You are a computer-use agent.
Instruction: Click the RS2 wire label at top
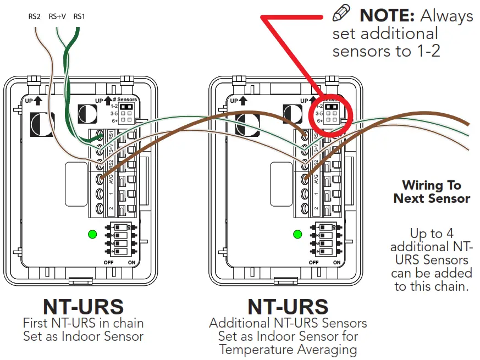click(34, 16)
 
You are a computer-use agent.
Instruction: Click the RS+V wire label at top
click(57, 16)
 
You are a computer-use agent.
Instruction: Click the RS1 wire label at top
click(79, 16)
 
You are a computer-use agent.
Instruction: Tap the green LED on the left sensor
click(92, 235)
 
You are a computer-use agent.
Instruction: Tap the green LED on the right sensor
click(297, 235)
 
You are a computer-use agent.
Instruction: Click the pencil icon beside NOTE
click(342, 14)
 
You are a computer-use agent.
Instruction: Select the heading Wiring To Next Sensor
click(432, 192)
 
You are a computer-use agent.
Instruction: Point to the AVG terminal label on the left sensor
click(111, 179)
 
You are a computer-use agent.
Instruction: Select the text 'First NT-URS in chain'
click(83, 323)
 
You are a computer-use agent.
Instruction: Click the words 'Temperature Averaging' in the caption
click(288, 349)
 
